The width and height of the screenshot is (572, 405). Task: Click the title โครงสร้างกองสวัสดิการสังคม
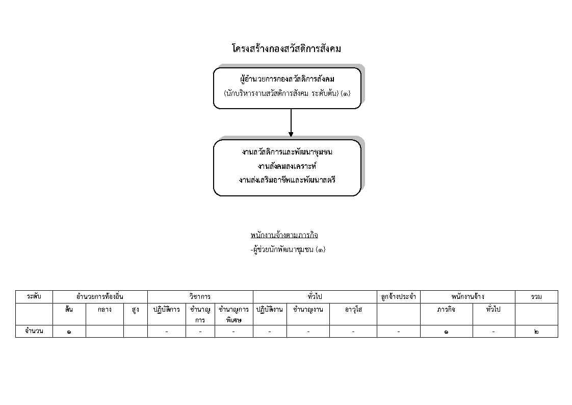coord(287,48)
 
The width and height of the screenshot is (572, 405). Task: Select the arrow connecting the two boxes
coord(291,123)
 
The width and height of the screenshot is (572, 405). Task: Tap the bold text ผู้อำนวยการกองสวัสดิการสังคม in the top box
coord(287,79)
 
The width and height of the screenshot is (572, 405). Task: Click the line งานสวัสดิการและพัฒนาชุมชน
coord(287,152)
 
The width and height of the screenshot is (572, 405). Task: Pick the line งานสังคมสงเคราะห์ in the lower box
coord(287,166)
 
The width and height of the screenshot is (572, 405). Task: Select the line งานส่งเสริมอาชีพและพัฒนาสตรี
coord(287,180)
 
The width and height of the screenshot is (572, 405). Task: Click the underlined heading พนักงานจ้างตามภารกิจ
coord(284,235)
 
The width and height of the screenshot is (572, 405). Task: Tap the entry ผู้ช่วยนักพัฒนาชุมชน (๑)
coord(288,249)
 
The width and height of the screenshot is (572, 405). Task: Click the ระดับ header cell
coord(34,296)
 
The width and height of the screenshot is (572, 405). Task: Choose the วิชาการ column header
coord(200,297)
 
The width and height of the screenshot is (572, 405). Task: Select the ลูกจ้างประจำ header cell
coord(398,297)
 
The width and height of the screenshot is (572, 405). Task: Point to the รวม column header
coord(536,297)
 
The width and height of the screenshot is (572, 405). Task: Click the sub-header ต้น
coord(69,309)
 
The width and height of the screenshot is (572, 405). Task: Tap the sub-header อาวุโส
coord(353,310)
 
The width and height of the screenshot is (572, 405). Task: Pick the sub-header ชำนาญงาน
coord(308,310)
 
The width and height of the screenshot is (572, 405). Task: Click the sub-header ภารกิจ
coord(446,310)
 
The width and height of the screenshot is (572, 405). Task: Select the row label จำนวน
coord(34,331)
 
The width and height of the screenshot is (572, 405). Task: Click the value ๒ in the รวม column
coord(536,332)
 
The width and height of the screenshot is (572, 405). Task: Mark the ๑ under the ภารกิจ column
coord(446,332)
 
